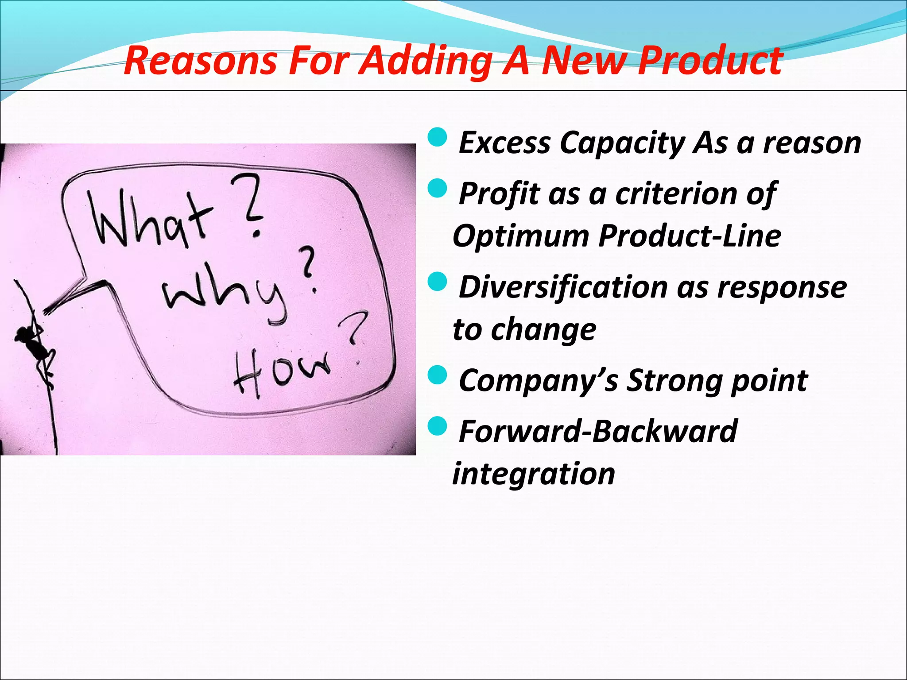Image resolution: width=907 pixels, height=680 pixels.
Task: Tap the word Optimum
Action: coord(520,236)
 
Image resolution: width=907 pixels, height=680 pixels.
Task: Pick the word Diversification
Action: coord(562,287)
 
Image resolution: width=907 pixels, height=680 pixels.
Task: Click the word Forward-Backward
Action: coord(598,431)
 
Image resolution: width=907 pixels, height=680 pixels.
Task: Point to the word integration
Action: coord(534,473)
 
